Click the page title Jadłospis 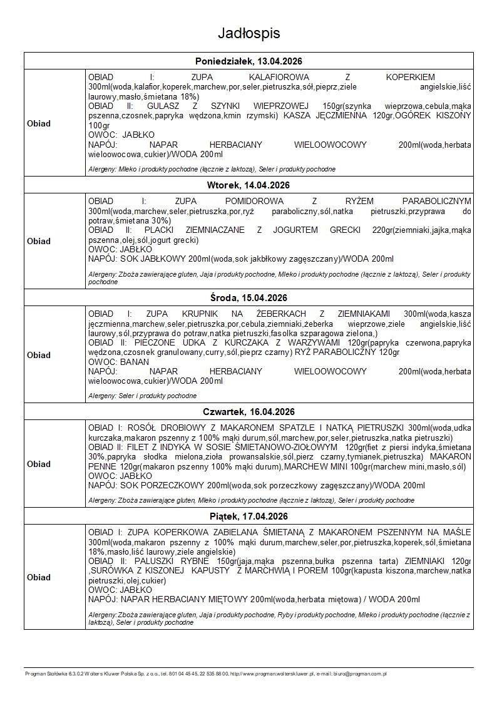[x=248, y=33]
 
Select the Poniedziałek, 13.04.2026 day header [x=248, y=61]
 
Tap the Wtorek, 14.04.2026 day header [x=248, y=185]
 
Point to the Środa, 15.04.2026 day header [x=248, y=297]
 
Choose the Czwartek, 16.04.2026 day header [x=248, y=411]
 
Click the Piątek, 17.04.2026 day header [x=248, y=516]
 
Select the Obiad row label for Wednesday [x=39, y=355]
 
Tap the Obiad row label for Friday [x=39, y=577]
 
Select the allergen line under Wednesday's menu [x=143, y=396]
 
